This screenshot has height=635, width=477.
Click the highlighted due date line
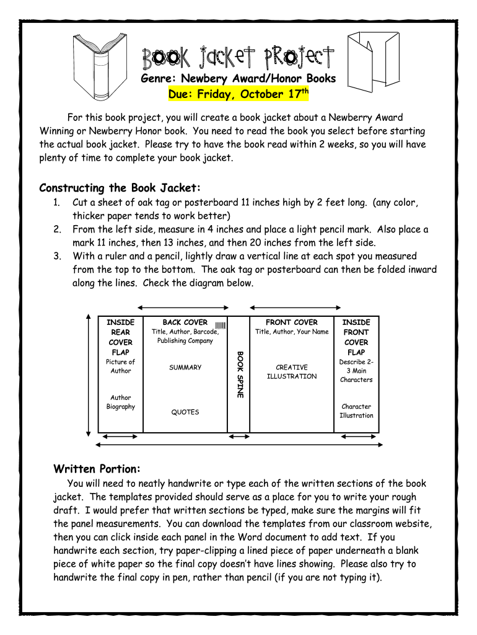239,94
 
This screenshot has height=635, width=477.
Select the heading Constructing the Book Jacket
120,188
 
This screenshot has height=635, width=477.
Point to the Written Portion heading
97,468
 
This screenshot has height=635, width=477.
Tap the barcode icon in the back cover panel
220,325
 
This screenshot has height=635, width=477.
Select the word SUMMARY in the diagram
185,368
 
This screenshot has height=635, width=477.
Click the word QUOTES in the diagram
185,412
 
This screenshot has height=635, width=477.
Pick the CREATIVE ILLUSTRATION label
292,372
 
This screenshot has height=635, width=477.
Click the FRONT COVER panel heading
291,322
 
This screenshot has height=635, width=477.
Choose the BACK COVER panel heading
185,322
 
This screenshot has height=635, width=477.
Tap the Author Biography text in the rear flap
121,402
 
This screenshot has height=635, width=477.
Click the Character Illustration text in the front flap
356,411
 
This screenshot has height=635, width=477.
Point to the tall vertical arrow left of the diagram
90,373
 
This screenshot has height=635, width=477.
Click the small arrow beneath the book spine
239,437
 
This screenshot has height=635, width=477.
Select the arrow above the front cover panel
295,308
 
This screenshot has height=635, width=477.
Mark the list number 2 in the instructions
56,229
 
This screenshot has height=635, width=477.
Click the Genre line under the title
238,79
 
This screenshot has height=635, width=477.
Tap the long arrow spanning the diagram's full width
239,446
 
